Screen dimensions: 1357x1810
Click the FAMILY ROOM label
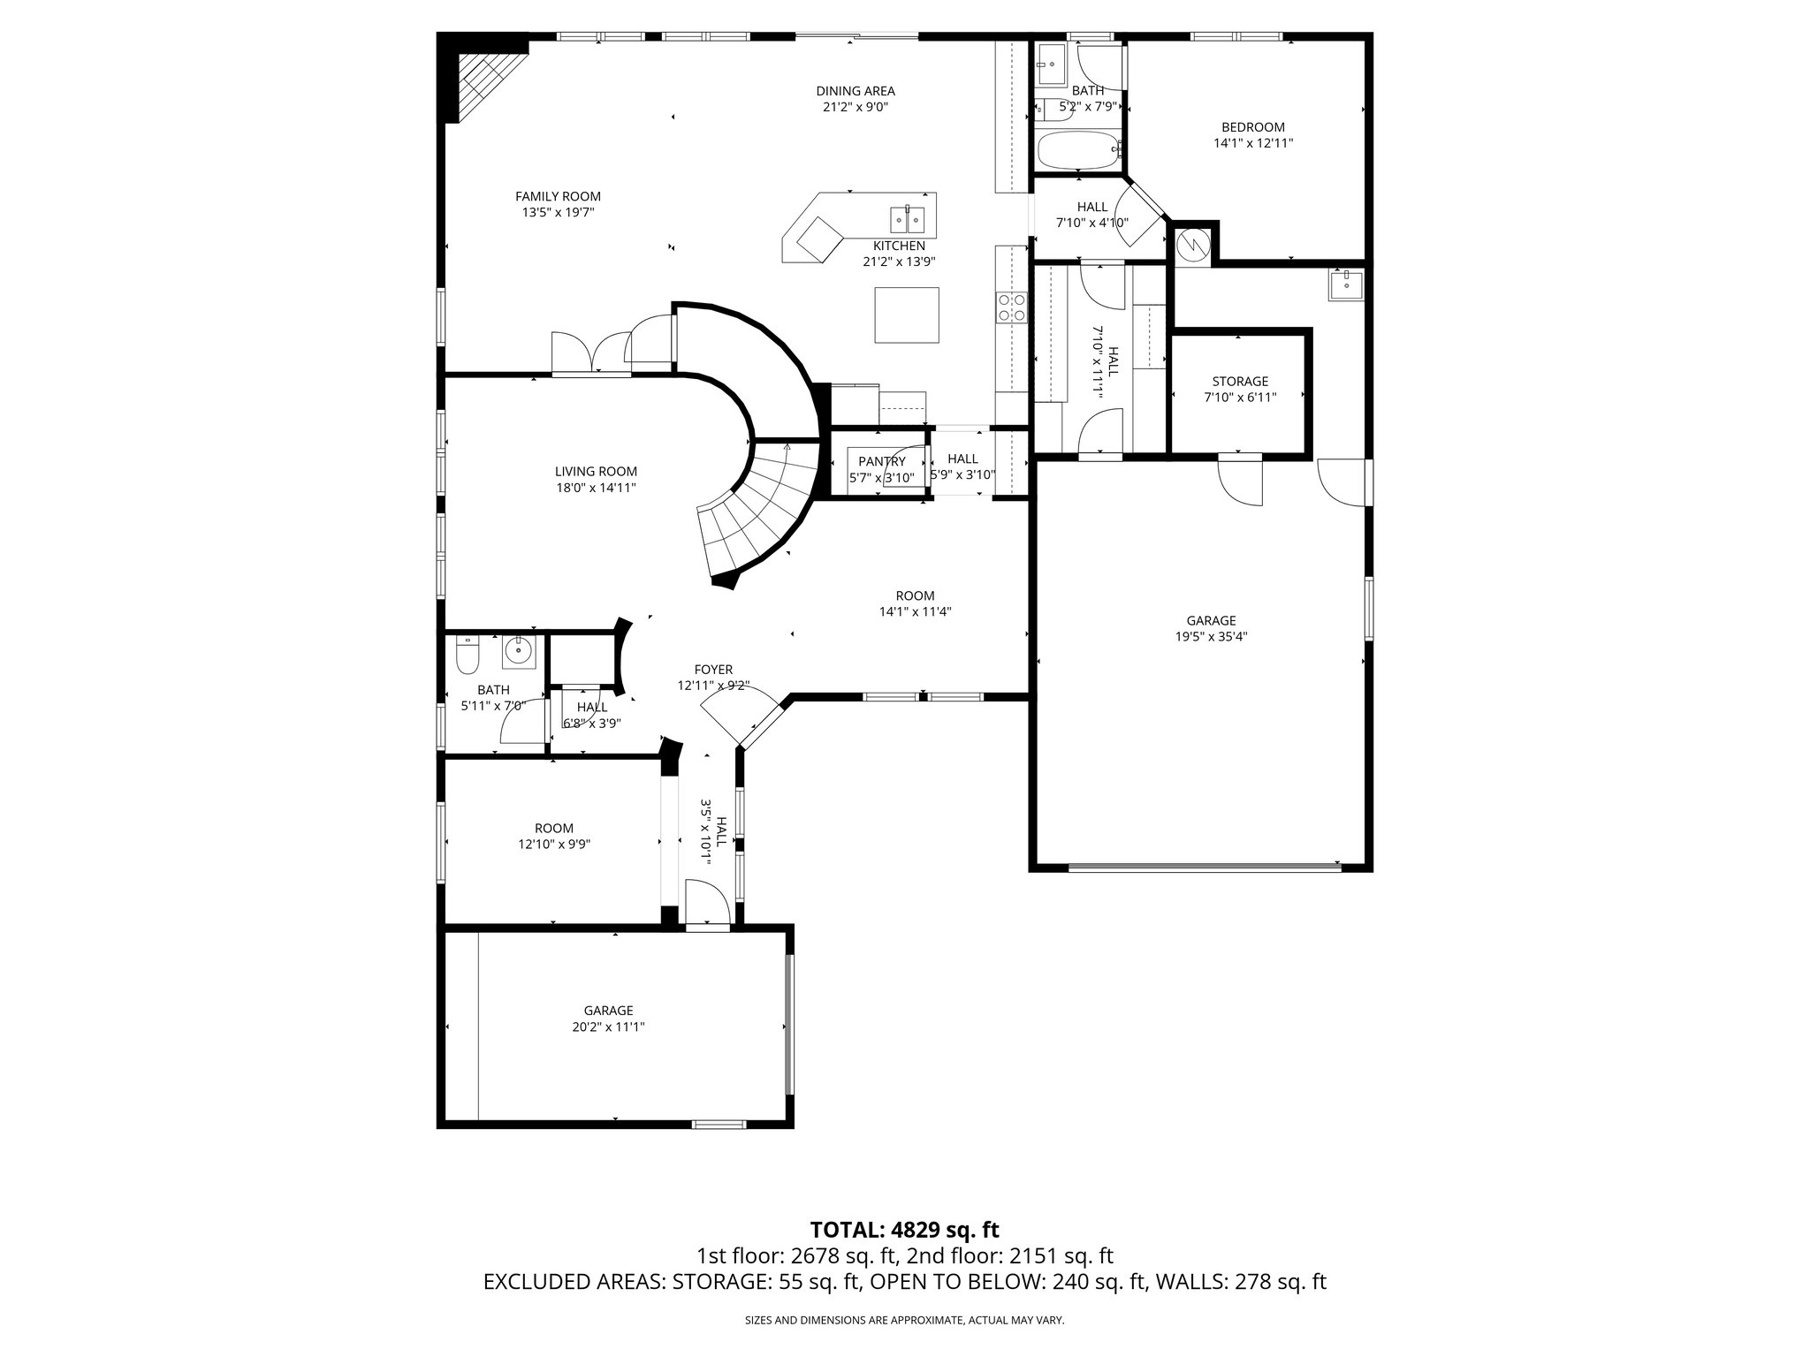[558, 196]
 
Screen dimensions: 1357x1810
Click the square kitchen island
[907, 315]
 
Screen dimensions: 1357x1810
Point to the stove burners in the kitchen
[1012, 307]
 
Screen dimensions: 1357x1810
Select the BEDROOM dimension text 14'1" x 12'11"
[1253, 142]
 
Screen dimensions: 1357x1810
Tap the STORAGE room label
[1239, 382]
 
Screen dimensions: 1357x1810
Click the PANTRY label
[881, 461]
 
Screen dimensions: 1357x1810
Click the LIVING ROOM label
[596, 472]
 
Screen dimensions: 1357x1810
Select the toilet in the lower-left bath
[467, 656]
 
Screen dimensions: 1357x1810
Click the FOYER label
[713, 670]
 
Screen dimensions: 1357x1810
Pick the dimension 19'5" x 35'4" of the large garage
[1211, 636]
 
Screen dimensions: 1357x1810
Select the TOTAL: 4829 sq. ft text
[904, 1230]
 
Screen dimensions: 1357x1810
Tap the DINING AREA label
[855, 90]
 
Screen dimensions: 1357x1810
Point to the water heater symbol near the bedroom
[1193, 242]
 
